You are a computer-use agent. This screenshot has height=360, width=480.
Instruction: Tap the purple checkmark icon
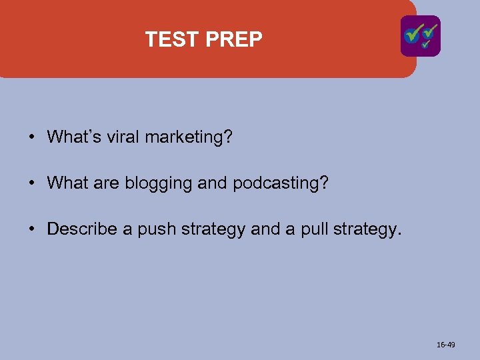[x=420, y=36]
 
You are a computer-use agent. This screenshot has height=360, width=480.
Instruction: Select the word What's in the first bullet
[x=73, y=137]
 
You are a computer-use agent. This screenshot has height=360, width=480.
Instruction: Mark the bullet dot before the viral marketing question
[x=31, y=138]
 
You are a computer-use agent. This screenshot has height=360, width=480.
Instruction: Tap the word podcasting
[x=281, y=184]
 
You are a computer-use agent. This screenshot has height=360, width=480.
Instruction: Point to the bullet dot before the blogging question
[x=31, y=184]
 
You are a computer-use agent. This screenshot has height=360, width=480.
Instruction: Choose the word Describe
[x=82, y=230]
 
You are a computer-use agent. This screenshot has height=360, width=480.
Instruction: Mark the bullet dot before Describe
[x=31, y=230]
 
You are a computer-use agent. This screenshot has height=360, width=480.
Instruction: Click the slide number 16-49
[x=446, y=345]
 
